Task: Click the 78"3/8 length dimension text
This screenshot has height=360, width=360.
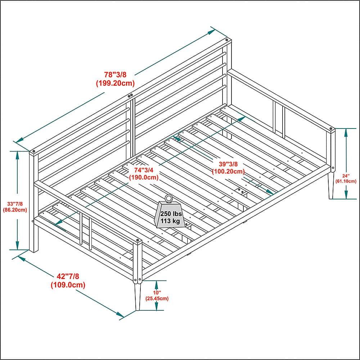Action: [x=115, y=75]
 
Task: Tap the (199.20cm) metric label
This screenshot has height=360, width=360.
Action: [x=115, y=83]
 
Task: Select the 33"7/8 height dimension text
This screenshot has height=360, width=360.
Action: [x=15, y=204]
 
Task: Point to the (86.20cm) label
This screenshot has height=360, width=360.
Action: [x=15, y=210]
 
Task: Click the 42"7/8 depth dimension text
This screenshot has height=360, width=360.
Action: [x=68, y=276]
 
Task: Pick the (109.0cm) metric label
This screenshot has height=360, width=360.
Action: [x=68, y=285]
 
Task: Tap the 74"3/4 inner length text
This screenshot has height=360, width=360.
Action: [x=144, y=170]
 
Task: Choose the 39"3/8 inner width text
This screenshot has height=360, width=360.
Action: [x=228, y=164]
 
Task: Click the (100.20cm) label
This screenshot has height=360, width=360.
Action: [x=228, y=171]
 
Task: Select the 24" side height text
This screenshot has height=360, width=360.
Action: [x=346, y=176]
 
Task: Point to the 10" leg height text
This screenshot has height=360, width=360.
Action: [x=157, y=293]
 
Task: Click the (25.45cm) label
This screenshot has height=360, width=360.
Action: [x=157, y=298]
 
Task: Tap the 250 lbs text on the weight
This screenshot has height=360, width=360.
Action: [x=171, y=214]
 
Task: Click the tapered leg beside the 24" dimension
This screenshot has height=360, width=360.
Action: [x=331, y=185]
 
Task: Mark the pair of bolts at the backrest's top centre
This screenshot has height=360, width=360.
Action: [x=130, y=95]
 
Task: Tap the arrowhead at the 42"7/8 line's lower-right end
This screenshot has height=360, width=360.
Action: [x=121, y=315]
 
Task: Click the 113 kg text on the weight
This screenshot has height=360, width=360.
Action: [x=170, y=221]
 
